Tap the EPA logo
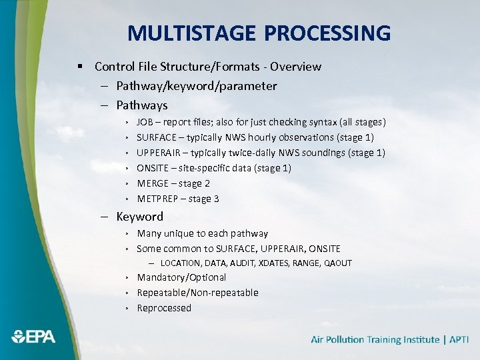pyautogui.click(x=33, y=337)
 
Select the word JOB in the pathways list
pyautogui.click(x=144, y=122)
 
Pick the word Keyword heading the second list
pyautogui.click(x=139, y=217)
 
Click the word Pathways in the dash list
pyautogui.click(x=141, y=105)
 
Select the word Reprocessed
pyautogui.click(x=164, y=308)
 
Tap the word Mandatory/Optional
pyautogui.click(x=181, y=277)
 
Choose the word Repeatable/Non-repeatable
pyautogui.click(x=197, y=293)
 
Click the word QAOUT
pyautogui.click(x=338, y=263)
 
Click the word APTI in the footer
pyautogui.click(x=459, y=339)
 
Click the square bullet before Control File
pyautogui.click(x=79, y=67)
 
